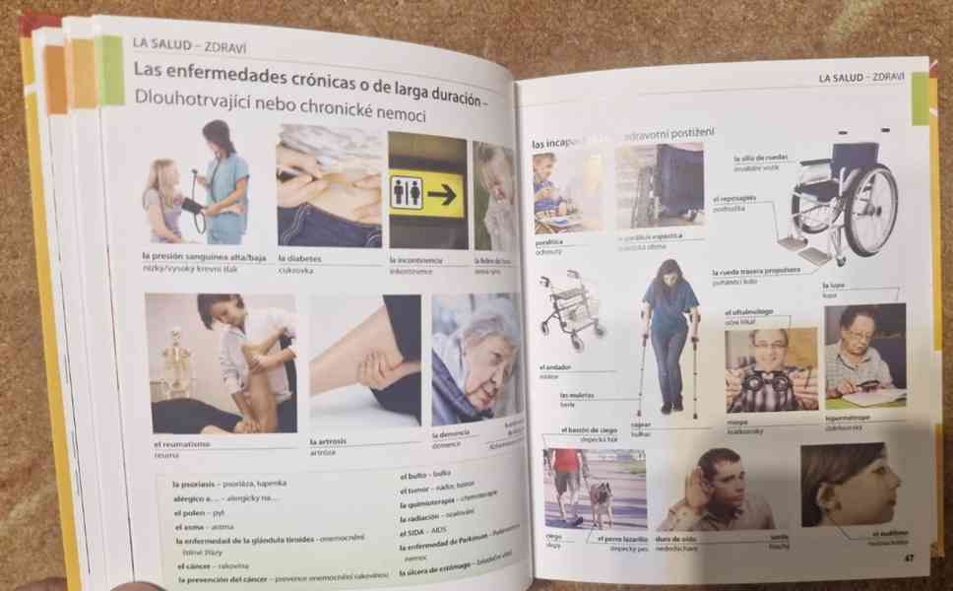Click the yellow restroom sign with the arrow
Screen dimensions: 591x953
[x=427, y=190]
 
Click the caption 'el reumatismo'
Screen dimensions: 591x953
[x=176, y=444]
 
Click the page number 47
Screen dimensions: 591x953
[x=910, y=558]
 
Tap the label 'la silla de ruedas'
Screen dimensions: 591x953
[x=760, y=158]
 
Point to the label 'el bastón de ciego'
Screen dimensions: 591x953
[x=590, y=430]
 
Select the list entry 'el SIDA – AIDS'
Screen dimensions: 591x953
[x=424, y=533]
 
